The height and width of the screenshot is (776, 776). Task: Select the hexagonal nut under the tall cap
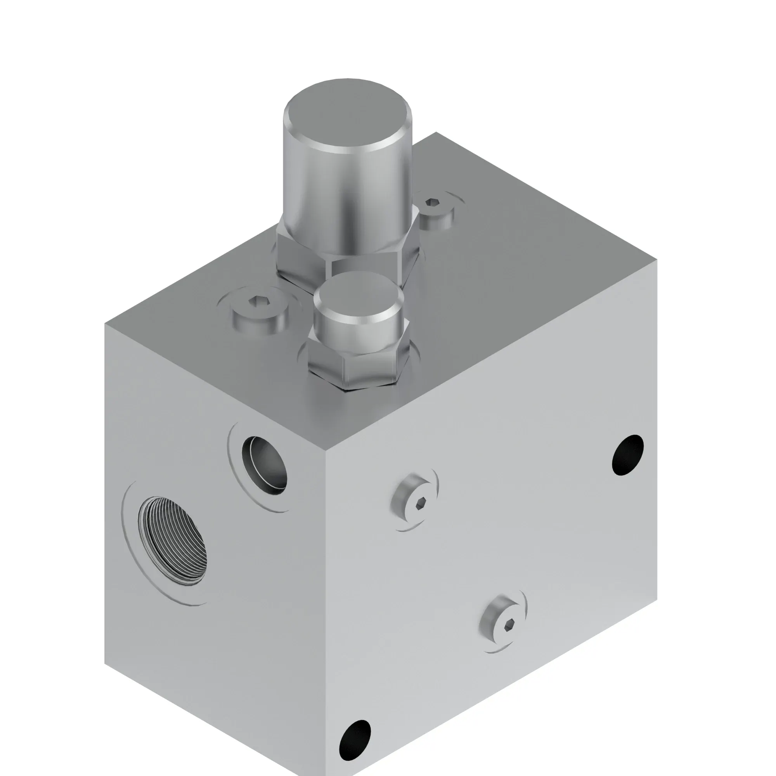coord(305,261)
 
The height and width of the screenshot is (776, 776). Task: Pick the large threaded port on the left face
coord(173,540)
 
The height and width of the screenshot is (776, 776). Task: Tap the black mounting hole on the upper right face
coord(627,455)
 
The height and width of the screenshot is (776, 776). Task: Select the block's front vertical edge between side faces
coord(326,603)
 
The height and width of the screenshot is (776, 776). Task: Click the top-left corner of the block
coord(105,324)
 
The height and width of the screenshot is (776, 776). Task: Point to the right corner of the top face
coord(657,260)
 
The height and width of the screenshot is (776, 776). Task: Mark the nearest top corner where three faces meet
coord(326,450)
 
